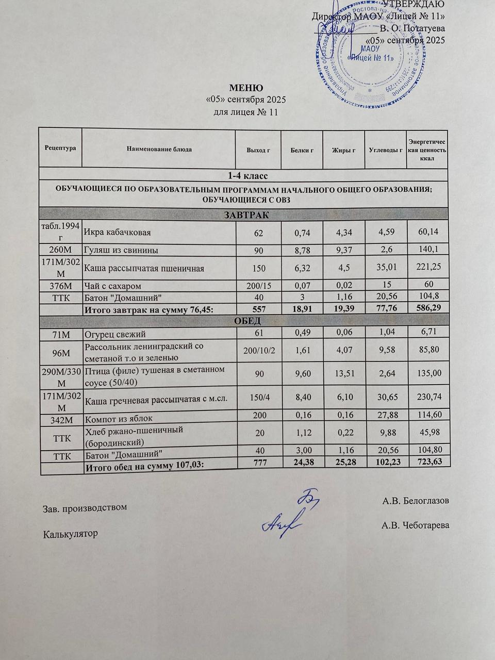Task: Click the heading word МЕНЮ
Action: pyautogui.click(x=246, y=88)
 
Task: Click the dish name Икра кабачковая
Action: pyautogui.click(x=118, y=233)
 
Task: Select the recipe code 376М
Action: pyautogui.click(x=61, y=286)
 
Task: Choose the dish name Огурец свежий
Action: pyautogui.click(x=115, y=335)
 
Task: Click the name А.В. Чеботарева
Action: pyautogui.click(x=415, y=525)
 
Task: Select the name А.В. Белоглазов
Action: pyautogui.click(x=416, y=501)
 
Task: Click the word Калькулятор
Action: pyautogui.click(x=70, y=534)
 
